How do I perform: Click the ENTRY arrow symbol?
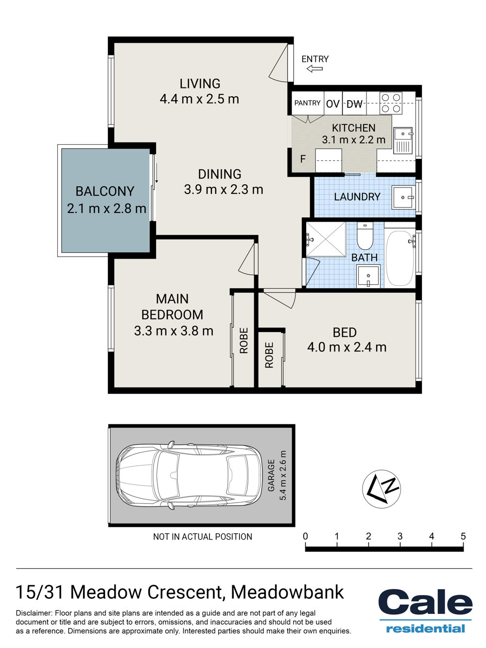tap(314, 69)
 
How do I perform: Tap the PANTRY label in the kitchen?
tap(307, 103)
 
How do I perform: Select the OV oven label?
tap(333, 104)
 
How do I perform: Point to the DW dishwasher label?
tap(354, 104)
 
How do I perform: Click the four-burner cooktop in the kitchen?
tap(391, 103)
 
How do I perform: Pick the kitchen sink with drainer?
tap(403, 140)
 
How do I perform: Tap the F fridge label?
tap(303, 159)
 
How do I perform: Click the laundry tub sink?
tap(403, 197)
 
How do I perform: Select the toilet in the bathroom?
tap(365, 236)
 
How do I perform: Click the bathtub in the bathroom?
tap(399, 258)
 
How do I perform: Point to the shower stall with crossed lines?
tap(326, 239)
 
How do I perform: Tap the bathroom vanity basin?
tap(368, 276)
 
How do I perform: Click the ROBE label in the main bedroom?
tap(244, 341)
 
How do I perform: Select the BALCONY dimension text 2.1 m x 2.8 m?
tap(106, 209)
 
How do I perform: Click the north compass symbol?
tap(382, 489)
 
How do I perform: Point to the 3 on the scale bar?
tap(400, 536)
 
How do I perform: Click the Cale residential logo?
tap(425, 611)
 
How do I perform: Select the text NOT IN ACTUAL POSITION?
tap(203, 536)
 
